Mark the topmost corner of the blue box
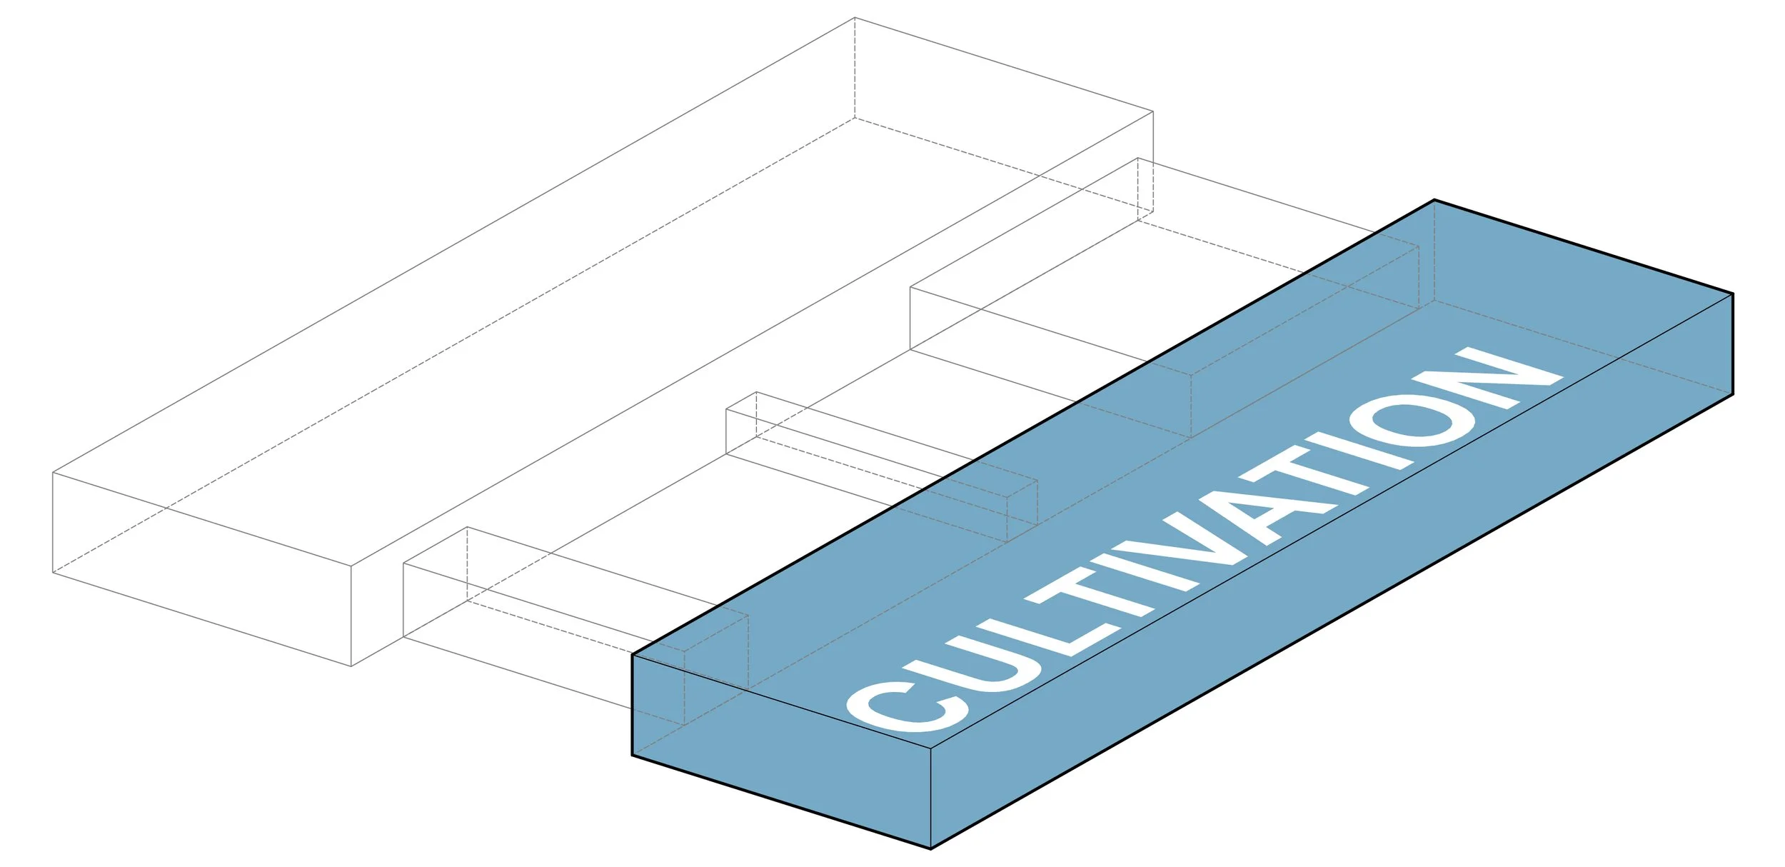pos(1434,200)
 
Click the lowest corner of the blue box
pos(931,848)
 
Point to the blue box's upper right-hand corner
pos(1733,294)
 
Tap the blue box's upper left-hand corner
pos(633,654)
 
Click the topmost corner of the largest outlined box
pos(855,18)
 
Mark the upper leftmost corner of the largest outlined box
pos(53,472)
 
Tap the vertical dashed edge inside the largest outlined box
pos(855,68)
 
